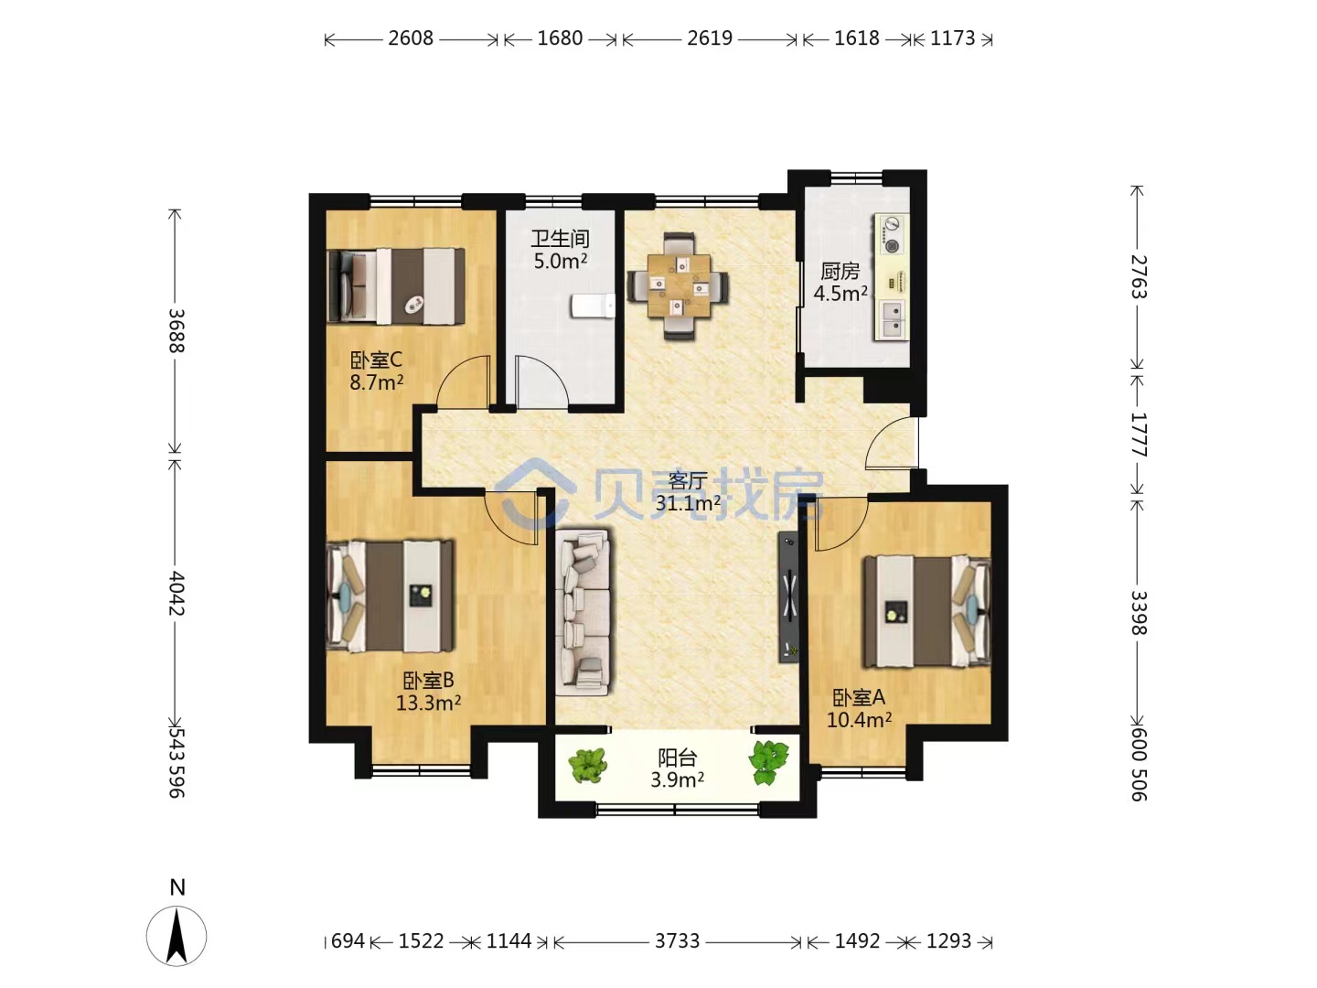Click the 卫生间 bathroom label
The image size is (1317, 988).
click(x=560, y=239)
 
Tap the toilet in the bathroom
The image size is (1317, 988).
click(x=594, y=306)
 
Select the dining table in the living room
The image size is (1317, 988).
click(x=679, y=286)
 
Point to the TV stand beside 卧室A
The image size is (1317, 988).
click(x=788, y=597)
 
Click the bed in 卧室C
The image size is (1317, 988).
click(x=397, y=286)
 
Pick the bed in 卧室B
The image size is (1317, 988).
click(x=390, y=596)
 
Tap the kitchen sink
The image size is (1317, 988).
click(x=893, y=320)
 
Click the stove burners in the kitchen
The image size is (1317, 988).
click(x=892, y=234)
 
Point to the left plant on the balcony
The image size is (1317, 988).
click(x=588, y=766)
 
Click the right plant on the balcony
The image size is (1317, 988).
click(x=768, y=762)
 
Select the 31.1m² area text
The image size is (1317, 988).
click(x=688, y=503)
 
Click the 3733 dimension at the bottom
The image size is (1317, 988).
click(x=677, y=940)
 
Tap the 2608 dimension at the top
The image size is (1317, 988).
click(x=411, y=38)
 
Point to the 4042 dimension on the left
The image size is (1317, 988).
click(x=176, y=593)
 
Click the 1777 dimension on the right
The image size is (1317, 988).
click(x=1139, y=435)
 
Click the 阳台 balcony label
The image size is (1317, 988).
click(x=677, y=757)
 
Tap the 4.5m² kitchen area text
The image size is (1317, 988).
click(x=840, y=294)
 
